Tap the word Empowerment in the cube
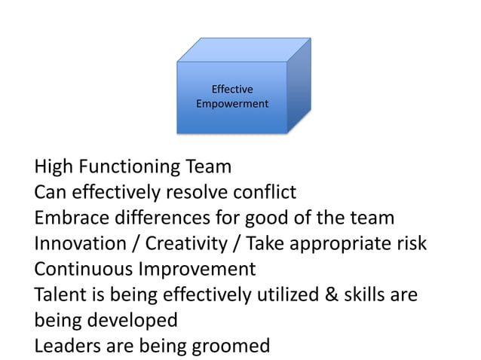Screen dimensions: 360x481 tap(231, 103)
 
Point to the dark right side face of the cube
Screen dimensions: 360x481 tap(299, 87)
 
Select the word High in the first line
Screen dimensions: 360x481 tap(55, 166)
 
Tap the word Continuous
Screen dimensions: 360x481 tap(82, 269)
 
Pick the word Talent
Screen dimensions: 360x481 tap(59, 294)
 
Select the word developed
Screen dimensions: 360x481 tap(133, 320)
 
